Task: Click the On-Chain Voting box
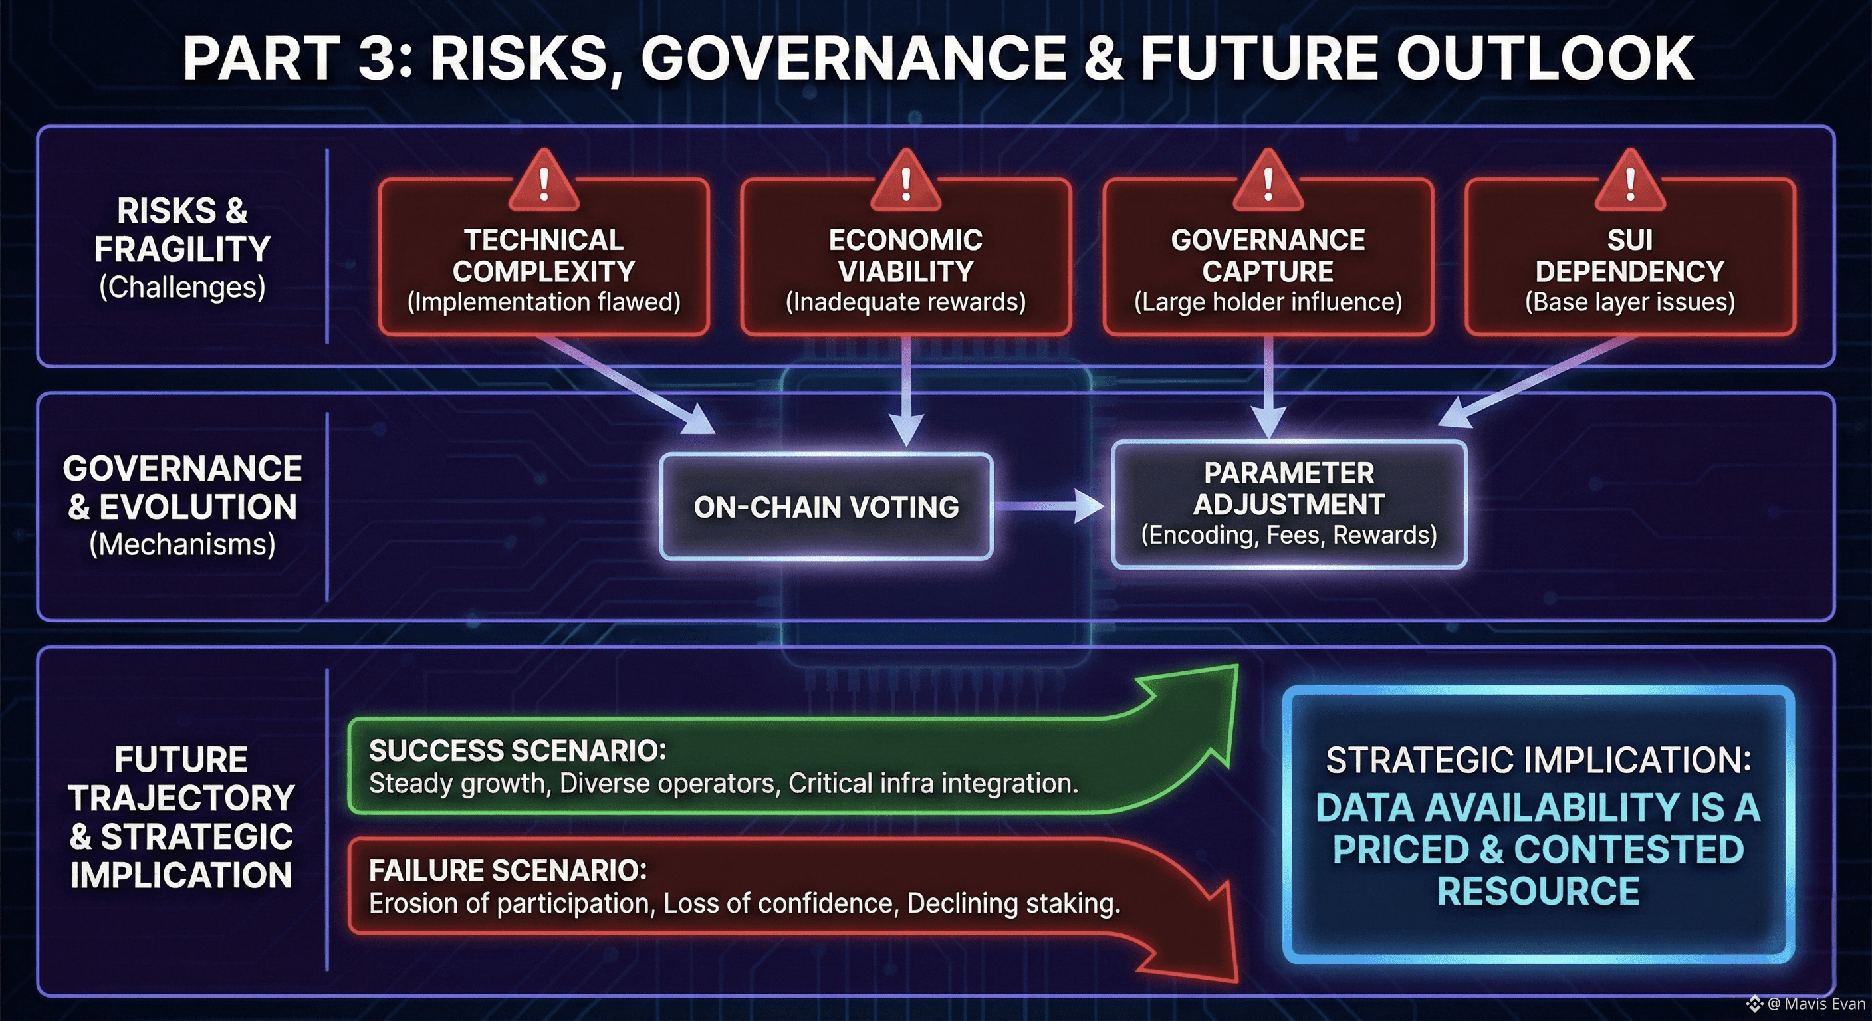[x=826, y=507]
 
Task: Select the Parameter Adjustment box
[x=1289, y=505]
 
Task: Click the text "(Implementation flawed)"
[x=544, y=302]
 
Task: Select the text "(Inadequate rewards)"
[x=905, y=302]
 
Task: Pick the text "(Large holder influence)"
[x=1268, y=302]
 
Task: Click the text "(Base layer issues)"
[x=1630, y=302]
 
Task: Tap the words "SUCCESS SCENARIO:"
[x=517, y=750]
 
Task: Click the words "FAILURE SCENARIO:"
[x=507, y=871]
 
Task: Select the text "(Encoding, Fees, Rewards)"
[x=1289, y=536]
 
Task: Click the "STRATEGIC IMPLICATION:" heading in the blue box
[x=1538, y=760]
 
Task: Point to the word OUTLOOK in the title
[x=1545, y=58]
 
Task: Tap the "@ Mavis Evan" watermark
[x=1807, y=1004]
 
